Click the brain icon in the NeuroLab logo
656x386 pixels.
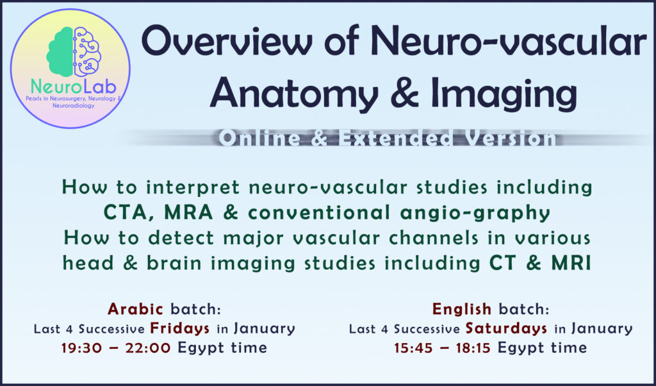point(74,51)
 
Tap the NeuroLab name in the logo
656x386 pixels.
point(74,87)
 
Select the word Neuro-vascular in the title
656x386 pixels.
point(508,42)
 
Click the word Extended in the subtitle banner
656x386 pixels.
point(395,138)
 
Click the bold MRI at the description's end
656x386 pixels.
point(571,262)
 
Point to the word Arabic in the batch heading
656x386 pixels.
point(135,309)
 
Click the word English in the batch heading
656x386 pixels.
point(461,310)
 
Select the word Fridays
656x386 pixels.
point(180,329)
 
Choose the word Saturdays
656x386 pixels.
point(506,329)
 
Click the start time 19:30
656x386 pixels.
point(81,348)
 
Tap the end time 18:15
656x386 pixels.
point(470,348)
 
